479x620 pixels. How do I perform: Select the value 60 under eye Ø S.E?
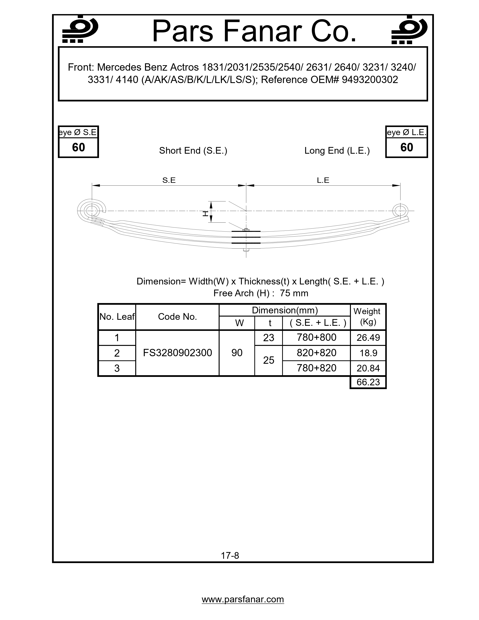(x=78, y=147)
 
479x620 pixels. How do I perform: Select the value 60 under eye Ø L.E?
(x=406, y=147)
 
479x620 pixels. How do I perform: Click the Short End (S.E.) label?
(x=193, y=150)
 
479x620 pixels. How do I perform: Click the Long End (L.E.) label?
(x=337, y=150)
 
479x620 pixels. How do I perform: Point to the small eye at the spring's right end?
(x=400, y=211)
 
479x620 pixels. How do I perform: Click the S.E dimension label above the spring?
(x=169, y=180)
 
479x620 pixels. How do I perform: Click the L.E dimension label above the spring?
(x=323, y=180)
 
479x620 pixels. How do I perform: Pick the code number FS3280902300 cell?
(x=177, y=353)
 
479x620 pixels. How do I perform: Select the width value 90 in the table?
(x=237, y=353)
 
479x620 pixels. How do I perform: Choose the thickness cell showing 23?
(x=268, y=338)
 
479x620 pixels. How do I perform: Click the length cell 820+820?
(x=316, y=353)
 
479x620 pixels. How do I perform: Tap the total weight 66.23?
(x=368, y=382)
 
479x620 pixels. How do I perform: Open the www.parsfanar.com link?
(x=243, y=599)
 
